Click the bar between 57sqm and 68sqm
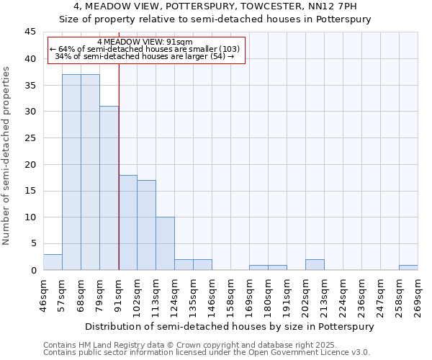coord(71,172)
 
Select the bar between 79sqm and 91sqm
coord(109,188)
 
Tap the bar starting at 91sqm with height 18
coord(127,222)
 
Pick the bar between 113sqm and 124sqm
coord(165,243)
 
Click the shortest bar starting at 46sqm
coord(53,262)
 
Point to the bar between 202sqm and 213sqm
coord(315,264)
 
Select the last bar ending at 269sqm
coord(408,267)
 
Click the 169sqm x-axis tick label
coord(250,296)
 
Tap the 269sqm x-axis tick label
coord(418,296)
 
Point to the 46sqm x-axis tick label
coord(44,296)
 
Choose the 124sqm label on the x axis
coord(175,296)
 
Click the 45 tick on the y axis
coord(30,32)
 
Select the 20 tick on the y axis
coord(30,164)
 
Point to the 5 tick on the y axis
coord(33,243)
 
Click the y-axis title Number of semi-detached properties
coord(7,156)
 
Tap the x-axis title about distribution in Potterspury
coord(230,326)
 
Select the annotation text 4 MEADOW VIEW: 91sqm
coord(144,42)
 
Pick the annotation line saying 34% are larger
coord(144,56)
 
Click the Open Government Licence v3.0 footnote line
coord(207,352)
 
